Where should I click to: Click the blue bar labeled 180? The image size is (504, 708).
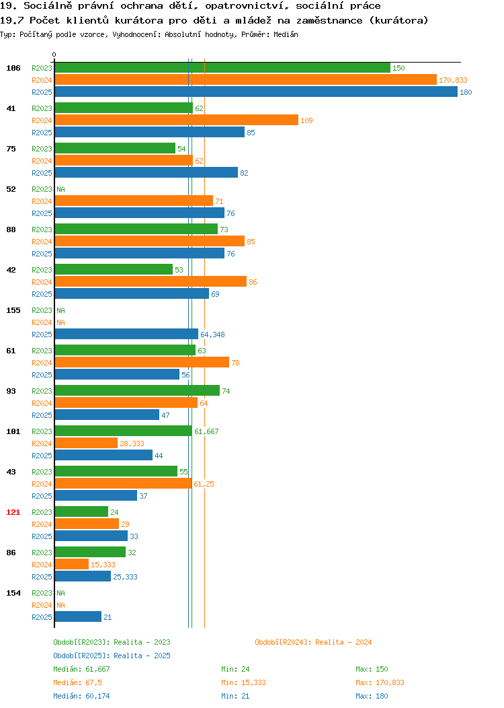[x=256, y=92]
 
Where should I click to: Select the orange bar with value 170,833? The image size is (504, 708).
[x=246, y=79]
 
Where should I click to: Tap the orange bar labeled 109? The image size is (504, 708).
[x=177, y=120]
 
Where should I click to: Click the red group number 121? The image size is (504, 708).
[x=13, y=512]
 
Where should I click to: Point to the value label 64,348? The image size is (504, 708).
[x=212, y=334]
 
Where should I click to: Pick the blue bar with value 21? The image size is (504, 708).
[x=78, y=616]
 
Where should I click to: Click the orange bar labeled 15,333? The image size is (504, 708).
[x=72, y=565]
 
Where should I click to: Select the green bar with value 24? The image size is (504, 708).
[x=81, y=511]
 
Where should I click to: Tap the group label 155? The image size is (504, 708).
[x=13, y=310]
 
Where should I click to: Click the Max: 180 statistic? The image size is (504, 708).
[x=372, y=696]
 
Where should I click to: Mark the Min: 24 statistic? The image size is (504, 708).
[x=235, y=669]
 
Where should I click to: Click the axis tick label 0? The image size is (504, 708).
[x=54, y=55]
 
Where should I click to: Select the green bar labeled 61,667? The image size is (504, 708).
[x=124, y=431]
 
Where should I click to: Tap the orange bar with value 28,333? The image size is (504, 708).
[x=86, y=443]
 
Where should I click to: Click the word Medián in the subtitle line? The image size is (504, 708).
[x=286, y=34]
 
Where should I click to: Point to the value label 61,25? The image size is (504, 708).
[x=204, y=484]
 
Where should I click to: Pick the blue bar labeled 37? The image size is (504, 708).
[x=96, y=495]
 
